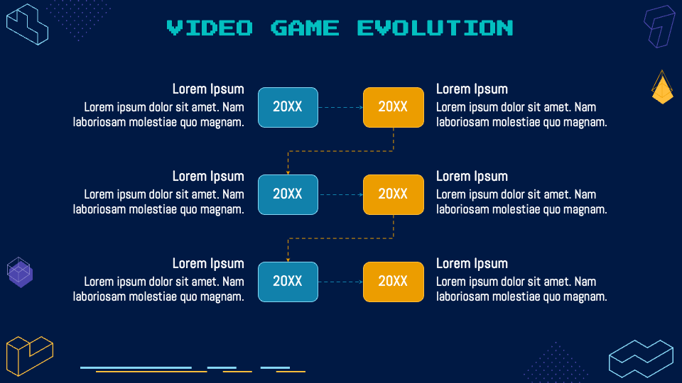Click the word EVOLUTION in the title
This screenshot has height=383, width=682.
[435, 28]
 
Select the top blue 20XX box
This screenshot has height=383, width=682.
[288, 107]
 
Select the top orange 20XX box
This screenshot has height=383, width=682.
[393, 107]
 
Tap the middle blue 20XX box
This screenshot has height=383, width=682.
[288, 194]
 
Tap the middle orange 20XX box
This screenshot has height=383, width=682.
[393, 194]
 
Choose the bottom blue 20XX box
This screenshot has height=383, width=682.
[288, 282]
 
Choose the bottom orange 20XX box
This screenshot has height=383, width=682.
[393, 282]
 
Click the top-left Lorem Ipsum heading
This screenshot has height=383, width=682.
[208, 89]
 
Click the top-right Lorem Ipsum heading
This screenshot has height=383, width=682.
[472, 89]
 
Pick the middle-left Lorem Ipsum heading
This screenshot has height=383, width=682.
[208, 176]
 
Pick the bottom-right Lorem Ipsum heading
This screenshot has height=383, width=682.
[472, 263]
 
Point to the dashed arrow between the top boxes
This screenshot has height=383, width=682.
[340, 108]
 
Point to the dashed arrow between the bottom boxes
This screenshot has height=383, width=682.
[340, 282]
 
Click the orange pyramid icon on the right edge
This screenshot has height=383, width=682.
[662, 89]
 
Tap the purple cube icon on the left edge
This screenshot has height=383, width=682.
[20, 272]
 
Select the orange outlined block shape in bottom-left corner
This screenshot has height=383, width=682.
[29, 355]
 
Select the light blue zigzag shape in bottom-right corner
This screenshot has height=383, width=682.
[641, 358]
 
